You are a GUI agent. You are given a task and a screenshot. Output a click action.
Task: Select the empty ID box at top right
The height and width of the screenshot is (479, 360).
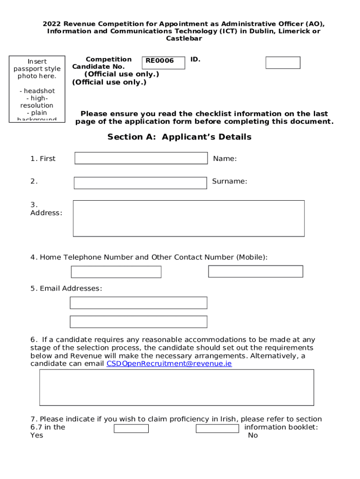[x=283, y=63]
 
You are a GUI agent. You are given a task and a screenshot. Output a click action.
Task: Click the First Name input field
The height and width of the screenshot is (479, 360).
[x=141, y=158]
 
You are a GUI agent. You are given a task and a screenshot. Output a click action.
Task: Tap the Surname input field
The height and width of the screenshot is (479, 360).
[x=140, y=183]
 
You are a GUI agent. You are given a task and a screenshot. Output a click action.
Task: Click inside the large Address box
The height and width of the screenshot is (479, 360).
[x=188, y=218]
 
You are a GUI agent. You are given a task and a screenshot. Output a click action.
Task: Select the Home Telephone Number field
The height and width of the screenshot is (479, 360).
[x=116, y=272]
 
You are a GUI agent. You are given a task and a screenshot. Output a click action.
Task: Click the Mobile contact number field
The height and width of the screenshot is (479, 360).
[x=255, y=271]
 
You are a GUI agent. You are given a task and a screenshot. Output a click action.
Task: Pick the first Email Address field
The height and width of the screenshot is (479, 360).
[x=138, y=303]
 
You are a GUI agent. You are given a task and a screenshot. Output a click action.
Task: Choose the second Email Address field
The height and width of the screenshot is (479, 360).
[x=138, y=322]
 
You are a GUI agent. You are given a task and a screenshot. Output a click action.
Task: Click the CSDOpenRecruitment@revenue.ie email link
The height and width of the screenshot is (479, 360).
[x=169, y=363]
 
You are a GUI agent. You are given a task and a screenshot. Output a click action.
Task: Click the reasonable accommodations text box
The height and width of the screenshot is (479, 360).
[x=176, y=387]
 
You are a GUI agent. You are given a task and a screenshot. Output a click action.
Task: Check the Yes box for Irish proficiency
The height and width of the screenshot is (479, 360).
[x=131, y=428]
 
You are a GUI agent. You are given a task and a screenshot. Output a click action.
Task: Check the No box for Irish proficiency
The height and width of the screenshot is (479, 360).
[x=217, y=428]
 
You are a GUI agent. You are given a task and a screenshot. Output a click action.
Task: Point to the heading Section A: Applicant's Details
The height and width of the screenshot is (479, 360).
[x=180, y=137]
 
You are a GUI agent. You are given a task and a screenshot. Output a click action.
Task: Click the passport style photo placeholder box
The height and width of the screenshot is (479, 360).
[x=37, y=89]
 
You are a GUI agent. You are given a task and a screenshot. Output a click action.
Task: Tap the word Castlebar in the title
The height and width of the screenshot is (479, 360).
[x=184, y=38]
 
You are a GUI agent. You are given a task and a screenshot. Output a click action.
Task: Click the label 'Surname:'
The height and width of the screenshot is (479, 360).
[x=230, y=181]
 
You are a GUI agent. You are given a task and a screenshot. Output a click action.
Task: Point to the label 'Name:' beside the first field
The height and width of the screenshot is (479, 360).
[x=225, y=159]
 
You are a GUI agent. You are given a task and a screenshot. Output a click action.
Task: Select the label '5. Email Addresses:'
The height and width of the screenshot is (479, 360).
[x=66, y=289]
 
